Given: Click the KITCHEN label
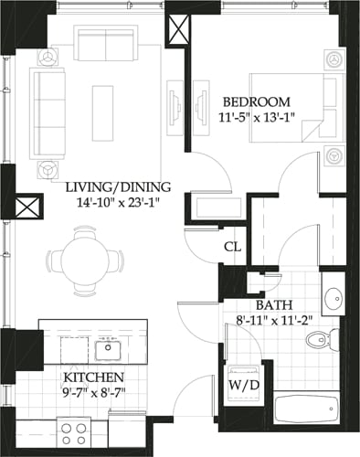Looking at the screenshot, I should (91, 377).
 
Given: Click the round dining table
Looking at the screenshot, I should (88, 257).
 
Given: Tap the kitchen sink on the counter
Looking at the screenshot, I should (108, 348).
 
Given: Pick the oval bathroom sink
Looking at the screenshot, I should (334, 299).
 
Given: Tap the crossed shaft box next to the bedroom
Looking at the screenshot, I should (177, 27).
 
